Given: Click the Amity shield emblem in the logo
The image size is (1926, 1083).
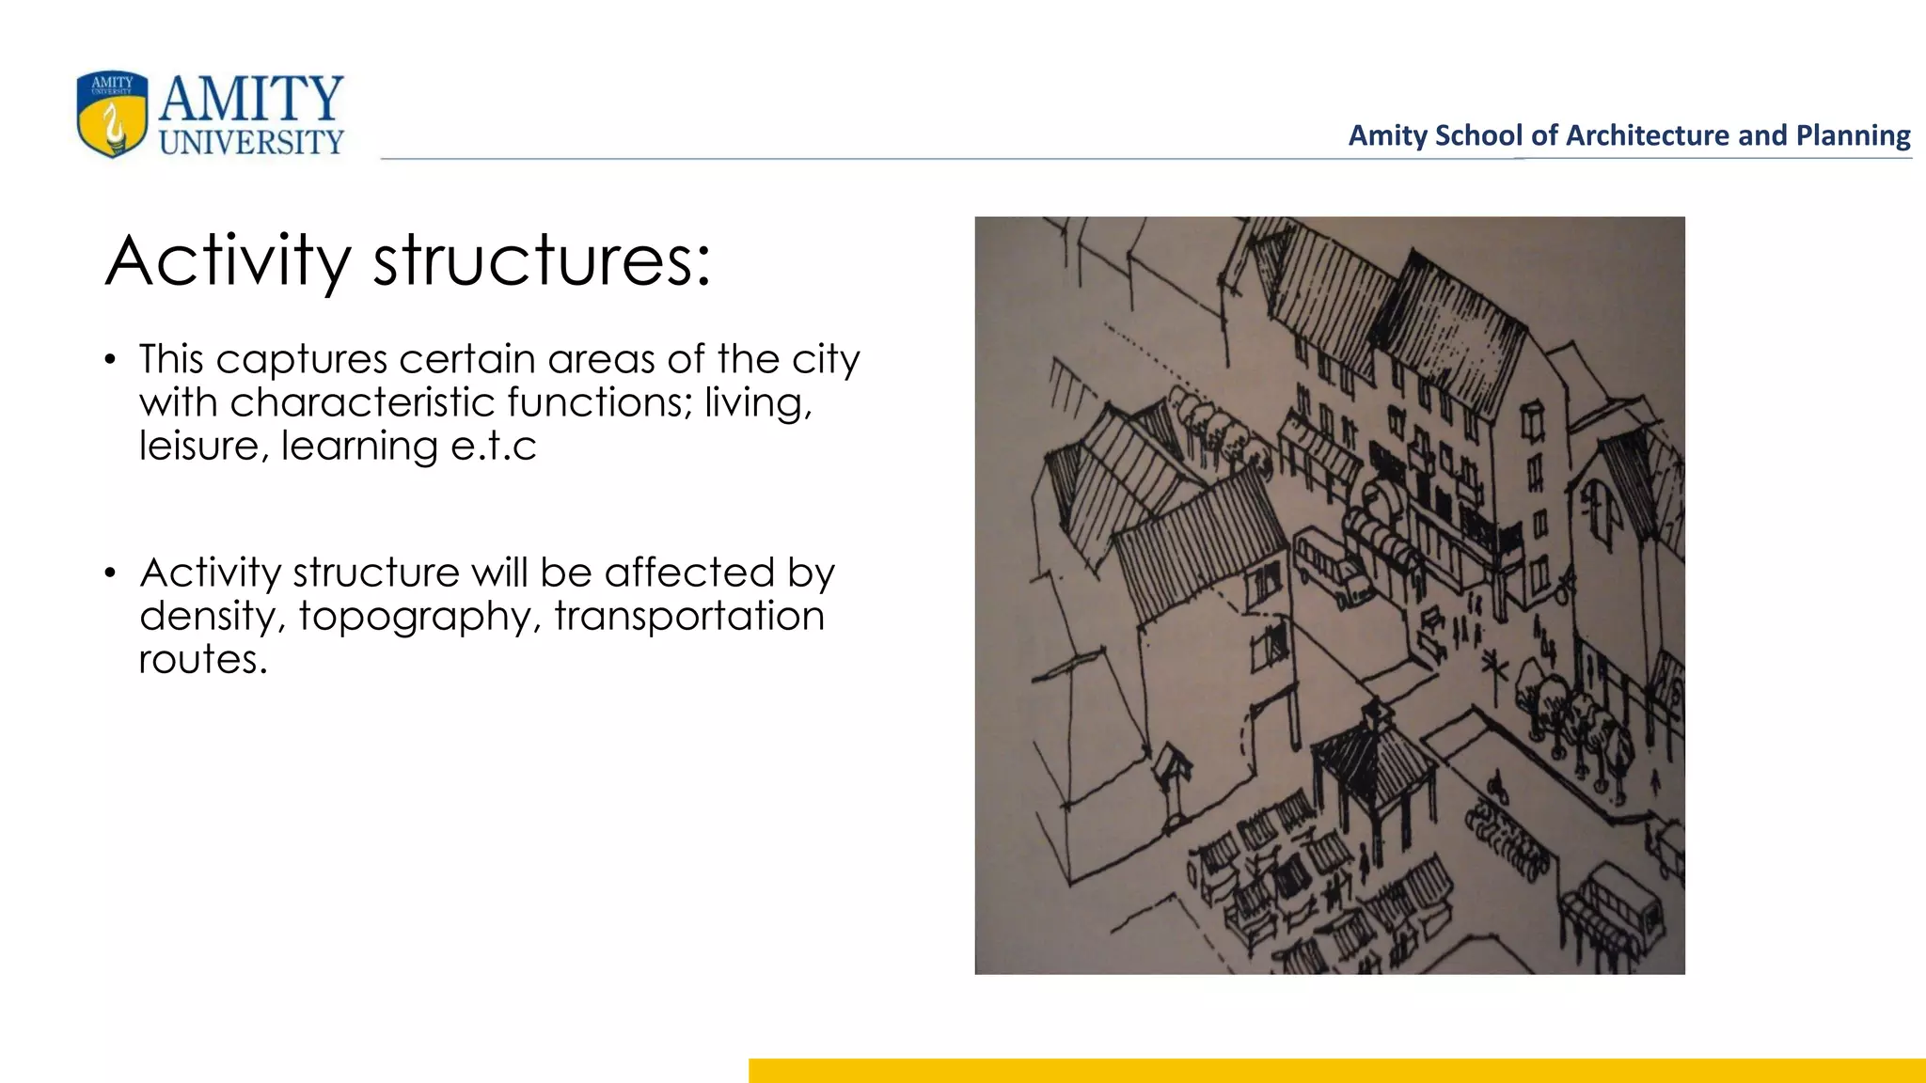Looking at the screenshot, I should [x=112, y=114].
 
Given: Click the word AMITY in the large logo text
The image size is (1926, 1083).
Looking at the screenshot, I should [x=251, y=99].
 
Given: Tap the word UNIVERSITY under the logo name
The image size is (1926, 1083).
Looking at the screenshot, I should [x=251, y=143].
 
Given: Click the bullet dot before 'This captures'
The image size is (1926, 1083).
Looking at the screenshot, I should [x=111, y=360].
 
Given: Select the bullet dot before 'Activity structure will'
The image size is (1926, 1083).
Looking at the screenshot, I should [x=111, y=573].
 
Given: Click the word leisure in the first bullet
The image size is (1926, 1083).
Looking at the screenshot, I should [x=198, y=446].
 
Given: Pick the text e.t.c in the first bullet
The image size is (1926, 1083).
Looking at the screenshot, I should [x=493, y=446].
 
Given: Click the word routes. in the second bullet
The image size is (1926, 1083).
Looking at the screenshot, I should [x=203, y=660].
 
